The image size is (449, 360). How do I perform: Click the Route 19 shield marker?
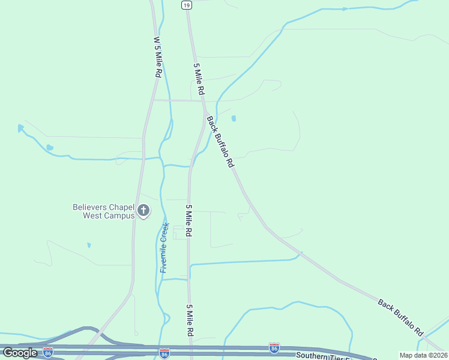click(187, 5)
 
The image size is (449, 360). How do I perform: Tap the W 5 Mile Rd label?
click(157, 56)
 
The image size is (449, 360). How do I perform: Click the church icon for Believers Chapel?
click(143, 211)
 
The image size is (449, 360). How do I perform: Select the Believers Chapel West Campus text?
click(103, 211)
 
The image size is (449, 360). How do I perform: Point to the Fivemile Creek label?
click(164, 248)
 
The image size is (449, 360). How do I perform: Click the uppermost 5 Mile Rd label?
click(199, 79)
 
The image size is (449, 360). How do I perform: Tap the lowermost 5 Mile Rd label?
click(189, 320)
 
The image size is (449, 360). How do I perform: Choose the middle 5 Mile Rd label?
click(188, 220)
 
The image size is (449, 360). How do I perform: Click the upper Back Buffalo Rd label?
click(220, 142)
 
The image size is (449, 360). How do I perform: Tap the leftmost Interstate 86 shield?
click(48, 351)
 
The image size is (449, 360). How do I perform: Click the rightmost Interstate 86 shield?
click(274, 347)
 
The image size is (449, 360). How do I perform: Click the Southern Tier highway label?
click(330, 355)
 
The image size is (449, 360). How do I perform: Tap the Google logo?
click(20, 353)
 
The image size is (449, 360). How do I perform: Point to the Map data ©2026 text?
click(423, 355)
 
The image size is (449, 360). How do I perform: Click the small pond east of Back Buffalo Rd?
click(234, 118)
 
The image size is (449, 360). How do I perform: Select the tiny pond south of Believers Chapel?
click(89, 245)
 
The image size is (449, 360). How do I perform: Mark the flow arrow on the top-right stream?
click(345, 9)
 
